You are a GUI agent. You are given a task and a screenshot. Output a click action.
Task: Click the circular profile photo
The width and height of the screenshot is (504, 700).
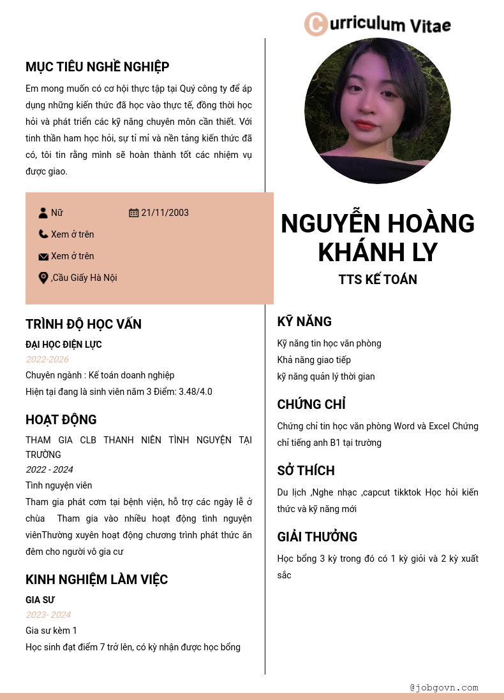click(378, 111)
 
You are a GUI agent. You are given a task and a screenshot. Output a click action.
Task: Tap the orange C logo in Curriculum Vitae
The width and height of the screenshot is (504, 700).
click(315, 24)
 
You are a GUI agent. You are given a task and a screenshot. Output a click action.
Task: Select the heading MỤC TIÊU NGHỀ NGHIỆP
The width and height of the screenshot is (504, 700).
click(97, 67)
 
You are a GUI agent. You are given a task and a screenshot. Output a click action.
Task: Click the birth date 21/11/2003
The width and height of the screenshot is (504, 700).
click(165, 213)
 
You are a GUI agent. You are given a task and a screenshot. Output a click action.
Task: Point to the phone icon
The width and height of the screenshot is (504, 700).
click(43, 234)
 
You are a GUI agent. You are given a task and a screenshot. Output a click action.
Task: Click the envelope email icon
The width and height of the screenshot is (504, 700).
click(43, 257)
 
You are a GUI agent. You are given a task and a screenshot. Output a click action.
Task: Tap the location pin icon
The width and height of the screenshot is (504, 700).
click(43, 278)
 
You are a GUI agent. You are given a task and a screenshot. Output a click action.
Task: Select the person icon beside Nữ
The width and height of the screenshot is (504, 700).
click(43, 213)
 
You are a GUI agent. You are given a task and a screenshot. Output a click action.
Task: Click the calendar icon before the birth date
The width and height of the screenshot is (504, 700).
click(134, 213)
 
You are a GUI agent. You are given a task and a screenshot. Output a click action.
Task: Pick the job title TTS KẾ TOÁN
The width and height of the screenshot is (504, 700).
click(378, 280)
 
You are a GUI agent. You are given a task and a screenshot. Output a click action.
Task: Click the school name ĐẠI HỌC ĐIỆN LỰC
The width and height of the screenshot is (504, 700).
click(64, 345)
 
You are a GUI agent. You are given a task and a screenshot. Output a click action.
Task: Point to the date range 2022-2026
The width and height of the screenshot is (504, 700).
click(47, 360)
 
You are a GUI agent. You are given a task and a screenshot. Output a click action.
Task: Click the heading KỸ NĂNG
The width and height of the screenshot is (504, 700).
click(304, 322)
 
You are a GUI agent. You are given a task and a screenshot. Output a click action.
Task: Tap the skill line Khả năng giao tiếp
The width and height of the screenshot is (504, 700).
click(314, 360)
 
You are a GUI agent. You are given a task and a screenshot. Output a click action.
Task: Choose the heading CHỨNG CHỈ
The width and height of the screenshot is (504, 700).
click(311, 404)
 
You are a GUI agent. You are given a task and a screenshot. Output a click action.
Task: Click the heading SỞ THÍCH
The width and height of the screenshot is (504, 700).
click(306, 471)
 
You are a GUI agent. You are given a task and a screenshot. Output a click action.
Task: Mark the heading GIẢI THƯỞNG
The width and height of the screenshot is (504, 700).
click(317, 537)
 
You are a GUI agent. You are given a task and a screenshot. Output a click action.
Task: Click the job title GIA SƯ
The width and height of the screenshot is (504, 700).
click(40, 600)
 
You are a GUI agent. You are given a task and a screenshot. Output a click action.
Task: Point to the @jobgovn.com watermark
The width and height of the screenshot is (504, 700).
click(444, 688)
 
